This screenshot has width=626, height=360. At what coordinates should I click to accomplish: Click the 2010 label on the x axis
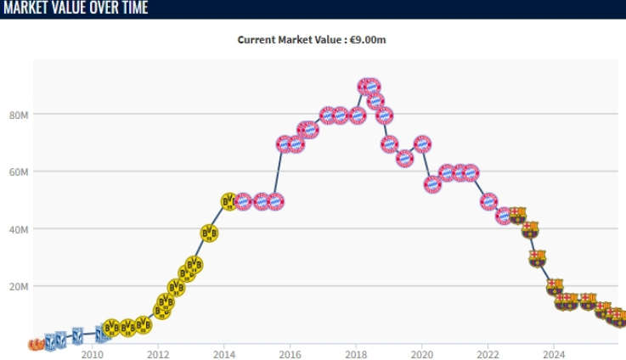(92, 354)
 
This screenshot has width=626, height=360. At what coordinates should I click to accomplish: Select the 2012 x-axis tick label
(158, 354)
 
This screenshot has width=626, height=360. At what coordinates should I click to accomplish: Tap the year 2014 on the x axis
(224, 354)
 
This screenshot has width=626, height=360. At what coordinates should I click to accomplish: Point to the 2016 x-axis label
(290, 354)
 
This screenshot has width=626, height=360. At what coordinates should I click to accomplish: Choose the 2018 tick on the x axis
(356, 354)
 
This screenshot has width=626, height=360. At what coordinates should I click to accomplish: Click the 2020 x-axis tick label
(422, 354)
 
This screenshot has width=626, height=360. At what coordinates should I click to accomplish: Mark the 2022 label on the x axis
(488, 354)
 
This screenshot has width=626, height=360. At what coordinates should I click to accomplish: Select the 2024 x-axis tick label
(554, 354)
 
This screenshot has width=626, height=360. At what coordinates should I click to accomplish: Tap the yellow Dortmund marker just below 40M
(210, 233)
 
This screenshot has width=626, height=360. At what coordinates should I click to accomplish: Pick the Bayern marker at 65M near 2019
(405, 158)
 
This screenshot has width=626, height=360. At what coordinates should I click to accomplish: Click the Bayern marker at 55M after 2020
(432, 184)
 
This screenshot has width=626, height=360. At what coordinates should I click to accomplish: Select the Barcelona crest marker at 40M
(530, 229)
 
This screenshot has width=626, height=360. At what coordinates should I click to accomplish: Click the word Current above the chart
(257, 40)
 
